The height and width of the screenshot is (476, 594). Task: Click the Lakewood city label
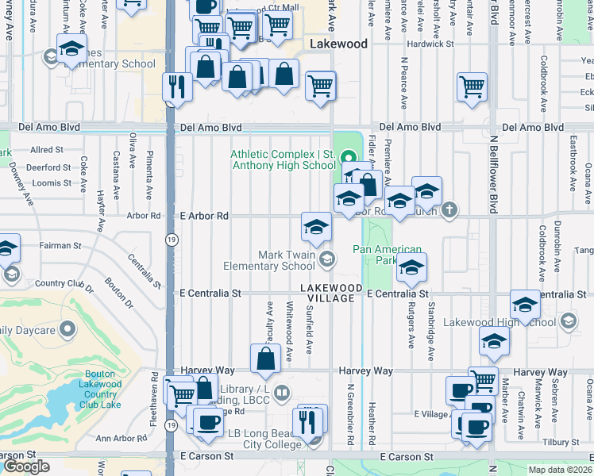pyautogui.click(x=339, y=44)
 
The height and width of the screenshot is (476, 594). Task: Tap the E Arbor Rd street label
pyautogui.click(x=203, y=216)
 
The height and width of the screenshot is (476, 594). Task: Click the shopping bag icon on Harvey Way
pyautogui.click(x=265, y=359)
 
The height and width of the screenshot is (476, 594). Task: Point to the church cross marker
pyautogui.click(x=450, y=210)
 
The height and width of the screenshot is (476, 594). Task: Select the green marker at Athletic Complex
pyautogui.click(x=346, y=155)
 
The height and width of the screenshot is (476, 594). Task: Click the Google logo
pyautogui.click(x=27, y=466)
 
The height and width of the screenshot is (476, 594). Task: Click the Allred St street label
pyautogui.click(x=46, y=150)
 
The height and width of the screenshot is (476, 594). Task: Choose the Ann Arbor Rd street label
pyautogui.click(x=118, y=438)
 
